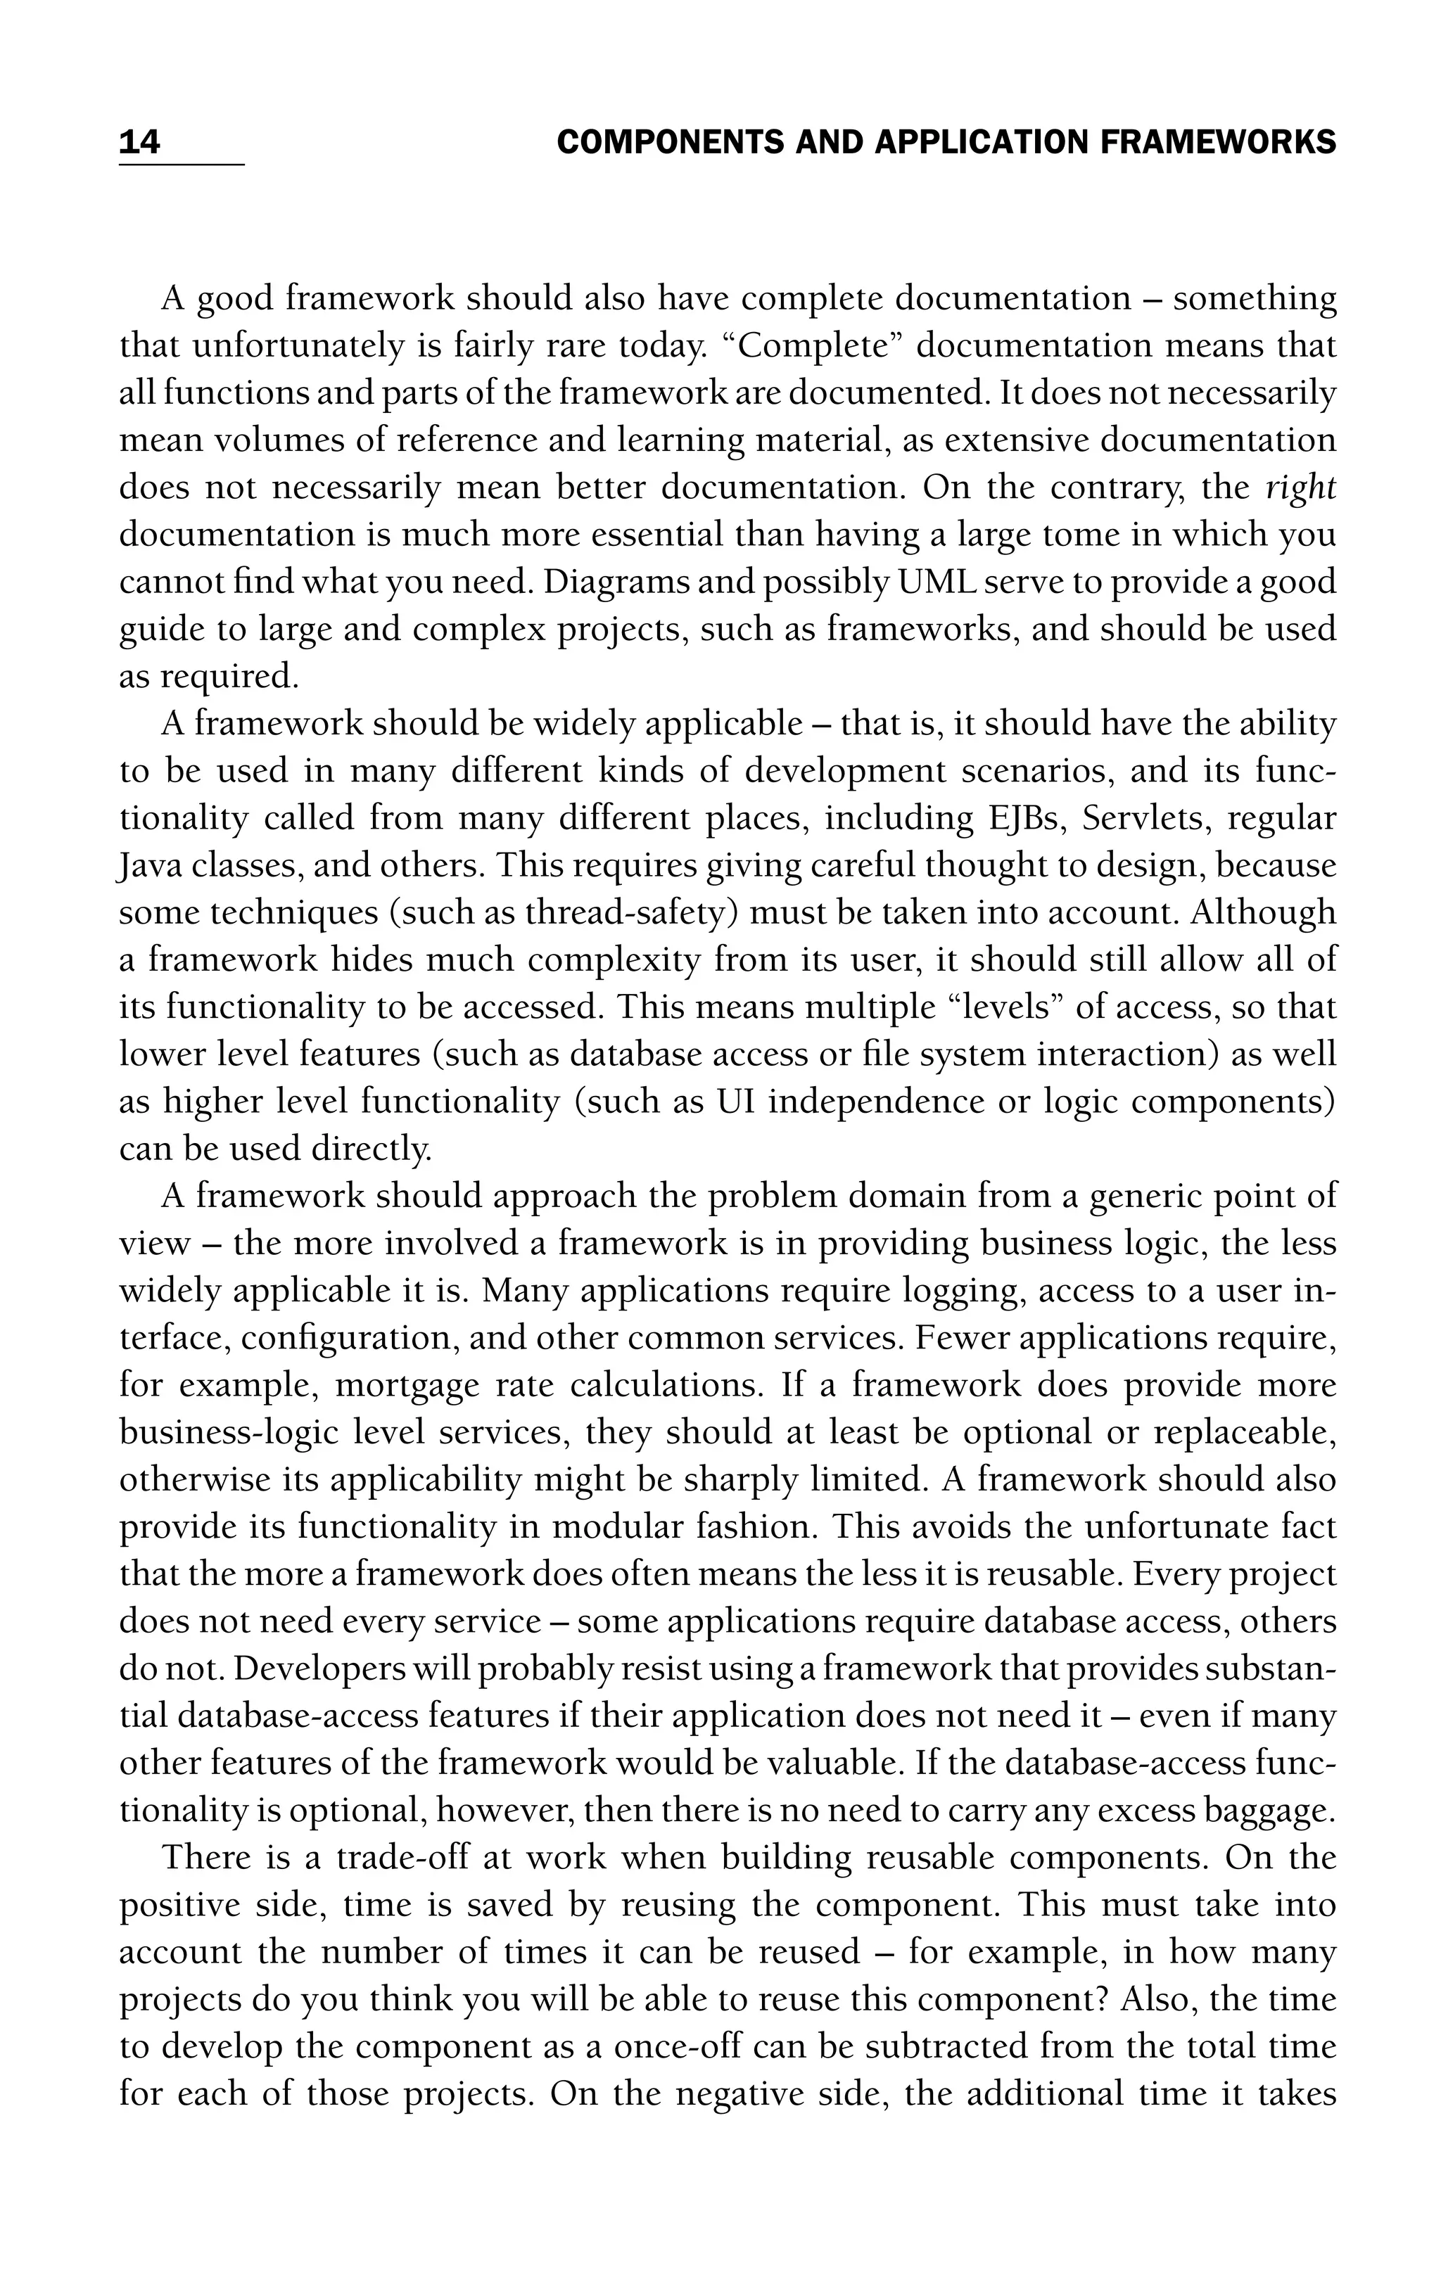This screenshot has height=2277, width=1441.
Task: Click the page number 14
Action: (x=140, y=143)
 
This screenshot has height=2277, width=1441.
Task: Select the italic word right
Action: (x=1301, y=488)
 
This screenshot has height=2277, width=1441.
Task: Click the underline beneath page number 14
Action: (x=182, y=165)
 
